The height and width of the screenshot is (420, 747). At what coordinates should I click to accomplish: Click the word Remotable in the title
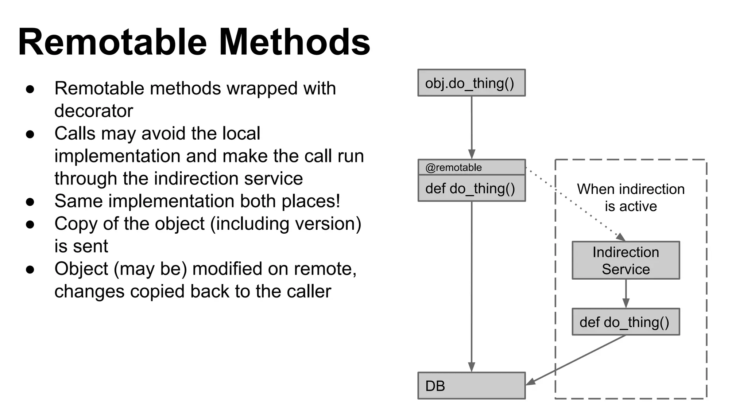pyautogui.click(x=112, y=42)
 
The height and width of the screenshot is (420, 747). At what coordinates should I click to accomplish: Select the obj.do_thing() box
pyautogui.click(x=471, y=83)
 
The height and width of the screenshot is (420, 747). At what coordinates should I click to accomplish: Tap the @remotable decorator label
pyautogui.click(x=453, y=167)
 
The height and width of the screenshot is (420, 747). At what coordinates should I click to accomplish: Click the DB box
pyautogui.click(x=471, y=386)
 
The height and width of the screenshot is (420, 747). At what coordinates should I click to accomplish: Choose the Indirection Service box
pyautogui.click(x=626, y=260)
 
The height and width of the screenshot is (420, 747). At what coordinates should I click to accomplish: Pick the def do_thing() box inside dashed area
pyautogui.click(x=626, y=322)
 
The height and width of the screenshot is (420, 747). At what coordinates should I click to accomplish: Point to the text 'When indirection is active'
pyautogui.click(x=631, y=197)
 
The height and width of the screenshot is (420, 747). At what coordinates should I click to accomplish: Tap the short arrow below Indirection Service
pyautogui.click(x=626, y=293)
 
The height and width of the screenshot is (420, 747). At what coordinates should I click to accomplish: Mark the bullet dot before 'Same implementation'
pyautogui.click(x=30, y=202)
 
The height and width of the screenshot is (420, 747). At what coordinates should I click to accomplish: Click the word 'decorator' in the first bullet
pyautogui.click(x=94, y=111)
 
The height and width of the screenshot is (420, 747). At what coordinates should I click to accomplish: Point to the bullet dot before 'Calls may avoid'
pyautogui.click(x=30, y=134)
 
